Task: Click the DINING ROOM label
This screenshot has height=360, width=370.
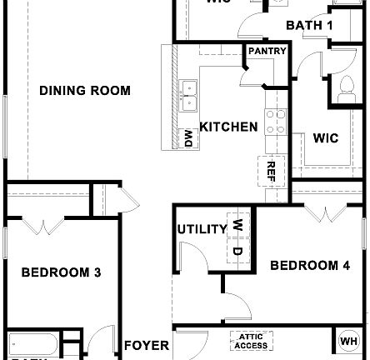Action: click(84, 90)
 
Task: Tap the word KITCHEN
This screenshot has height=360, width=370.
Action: click(227, 127)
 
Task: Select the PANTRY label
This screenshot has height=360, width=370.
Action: click(266, 52)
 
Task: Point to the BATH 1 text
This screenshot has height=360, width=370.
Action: click(309, 25)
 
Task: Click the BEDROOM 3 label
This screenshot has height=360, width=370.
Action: click(62, 272)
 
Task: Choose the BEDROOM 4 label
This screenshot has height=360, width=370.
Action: click(310, 265)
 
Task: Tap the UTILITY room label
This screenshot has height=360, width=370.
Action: click(202, 229)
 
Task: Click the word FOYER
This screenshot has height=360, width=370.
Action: click(147, 345)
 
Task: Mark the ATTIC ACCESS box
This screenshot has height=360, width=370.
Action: click(251, 342)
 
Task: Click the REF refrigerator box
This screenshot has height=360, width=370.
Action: click(271, 170)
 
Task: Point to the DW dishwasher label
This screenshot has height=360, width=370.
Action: click(189, 137)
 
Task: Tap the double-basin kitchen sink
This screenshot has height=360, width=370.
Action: click(191, 95)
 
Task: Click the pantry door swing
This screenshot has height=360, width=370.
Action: click(248, 74)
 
